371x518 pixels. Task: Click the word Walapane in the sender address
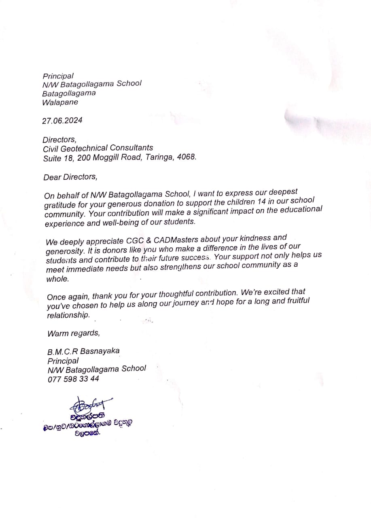tap(60, 102)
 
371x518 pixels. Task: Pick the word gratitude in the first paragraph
tap(60, 205)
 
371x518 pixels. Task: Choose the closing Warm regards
tap(73, 333)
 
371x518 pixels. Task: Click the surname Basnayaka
tap(100, 351)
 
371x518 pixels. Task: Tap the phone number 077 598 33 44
tap(73, 379)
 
